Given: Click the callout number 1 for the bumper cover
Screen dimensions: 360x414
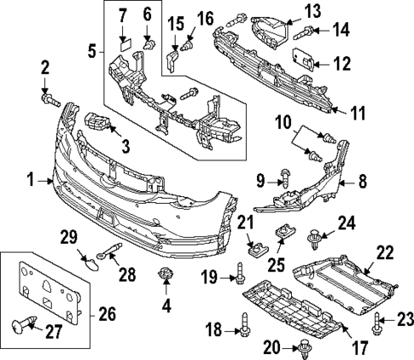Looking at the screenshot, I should point(30,181).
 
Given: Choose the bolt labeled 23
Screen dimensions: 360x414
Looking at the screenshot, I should point(377,321).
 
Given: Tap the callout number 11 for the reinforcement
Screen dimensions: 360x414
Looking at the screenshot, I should point(358,111).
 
